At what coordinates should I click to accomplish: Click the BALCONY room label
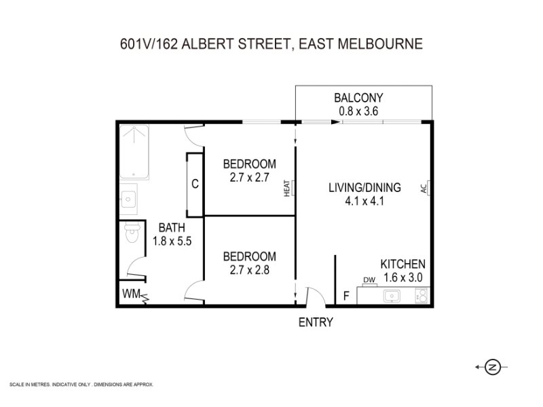[x=363, y=97]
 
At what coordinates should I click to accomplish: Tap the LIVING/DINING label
[x=365, y=188]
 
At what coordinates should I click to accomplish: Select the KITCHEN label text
[x=402, y=265]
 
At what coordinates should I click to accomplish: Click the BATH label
[x=171, y=227]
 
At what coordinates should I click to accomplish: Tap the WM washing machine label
[x=131, y=294]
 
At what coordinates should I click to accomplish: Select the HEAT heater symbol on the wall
[x=287, y=188]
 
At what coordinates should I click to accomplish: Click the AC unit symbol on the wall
[x=425, y=188]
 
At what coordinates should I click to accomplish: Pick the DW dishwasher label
[x=369, y=279]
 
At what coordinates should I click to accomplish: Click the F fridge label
[x=345, y=296]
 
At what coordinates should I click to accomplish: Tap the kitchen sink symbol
[x=392, y=296]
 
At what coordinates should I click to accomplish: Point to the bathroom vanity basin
[x=129, y=199]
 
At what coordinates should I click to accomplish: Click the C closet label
[x=194, y=184]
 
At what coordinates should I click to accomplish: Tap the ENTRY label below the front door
[x=316, y=322]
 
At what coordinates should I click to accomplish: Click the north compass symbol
[x=494, y=367]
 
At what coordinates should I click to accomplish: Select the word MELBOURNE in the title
[x=385, y=44]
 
